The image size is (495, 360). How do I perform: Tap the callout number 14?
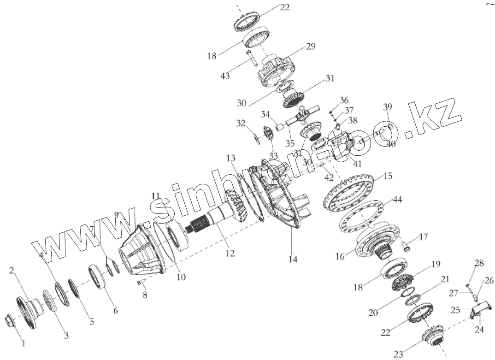[x=293, y=260]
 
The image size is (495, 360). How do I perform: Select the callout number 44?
[x=397, y=200]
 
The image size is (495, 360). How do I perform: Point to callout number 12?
[x=230, y=253]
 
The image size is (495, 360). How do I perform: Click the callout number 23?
[x=398, y=354]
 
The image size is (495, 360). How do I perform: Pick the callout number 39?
[x=387, y=107]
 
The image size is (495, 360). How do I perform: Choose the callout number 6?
[x=115, y=311]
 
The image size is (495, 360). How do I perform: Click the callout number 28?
[x=479, y=263]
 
